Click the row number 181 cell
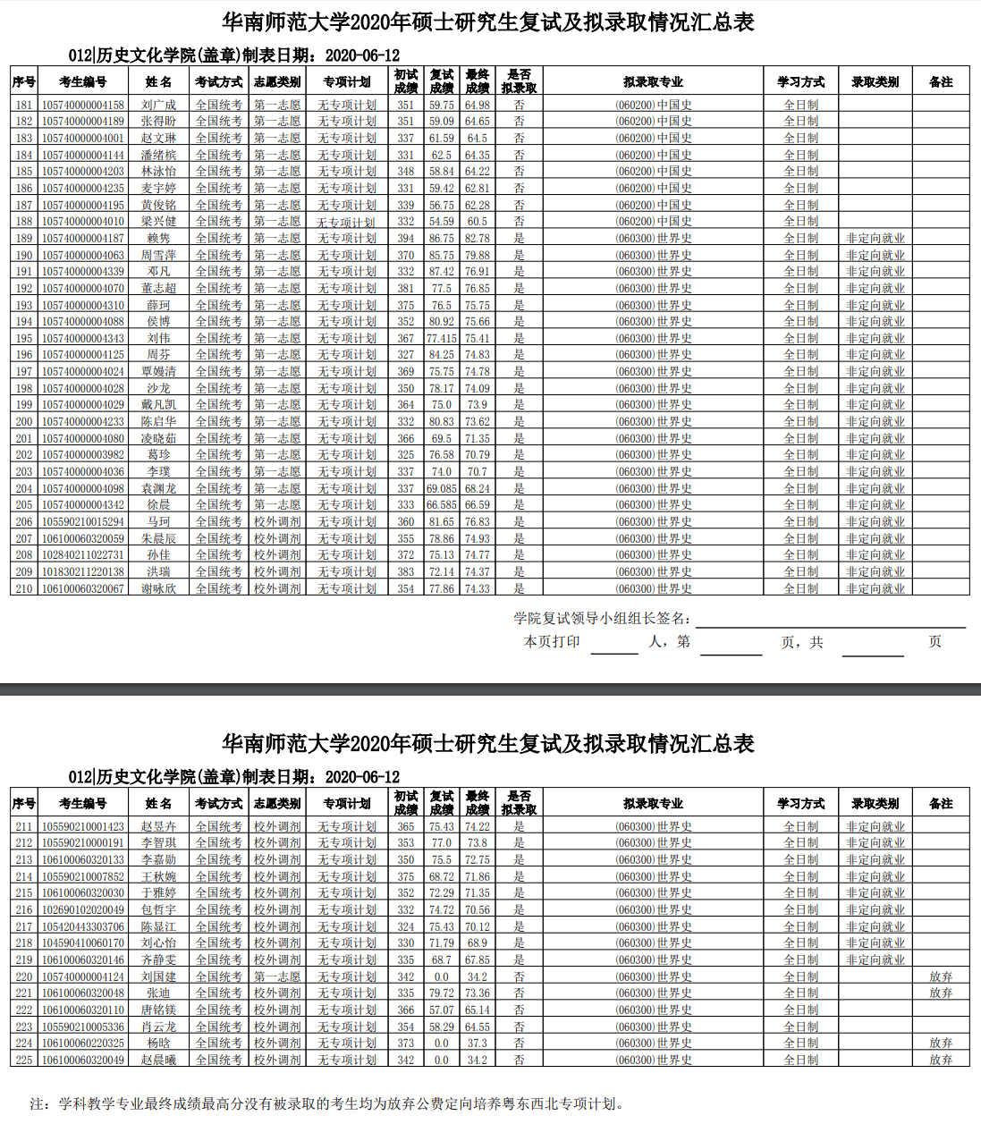24,105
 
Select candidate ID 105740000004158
83,105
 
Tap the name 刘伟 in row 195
158,338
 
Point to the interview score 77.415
442,338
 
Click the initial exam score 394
406,238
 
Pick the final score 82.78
478,238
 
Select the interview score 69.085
442,488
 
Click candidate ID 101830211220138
83,571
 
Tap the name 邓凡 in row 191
158,271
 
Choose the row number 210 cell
24,588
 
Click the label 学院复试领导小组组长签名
602,618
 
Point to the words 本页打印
552,641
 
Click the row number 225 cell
24,1060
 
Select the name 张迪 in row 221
158,993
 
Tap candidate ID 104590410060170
83,942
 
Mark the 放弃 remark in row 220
941,976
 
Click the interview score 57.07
442,1010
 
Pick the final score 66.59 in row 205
478,504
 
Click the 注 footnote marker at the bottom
38,1103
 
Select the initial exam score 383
406,571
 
